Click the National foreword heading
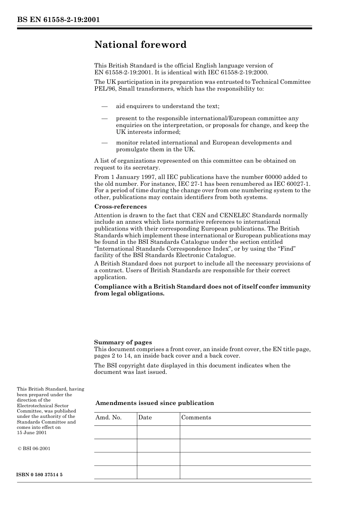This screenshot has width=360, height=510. tap(140, 45)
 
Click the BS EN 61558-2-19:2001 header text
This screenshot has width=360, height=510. tap(58, 20)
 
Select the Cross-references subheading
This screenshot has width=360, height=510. tap(120, 207)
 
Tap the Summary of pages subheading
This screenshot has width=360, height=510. tap(123, 342)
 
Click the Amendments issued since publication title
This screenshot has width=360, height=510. tap(155, 403)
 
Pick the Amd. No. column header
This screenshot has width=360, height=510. tap(108, 417)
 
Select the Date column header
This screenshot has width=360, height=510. tap(145, 417)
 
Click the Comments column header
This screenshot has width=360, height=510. tap(196, 417)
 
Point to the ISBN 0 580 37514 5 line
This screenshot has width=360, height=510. tap(40, 475)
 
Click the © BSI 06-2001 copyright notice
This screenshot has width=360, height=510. tap(34, 449)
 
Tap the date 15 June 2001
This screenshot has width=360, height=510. tap(32, 433)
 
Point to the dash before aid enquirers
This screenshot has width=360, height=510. tap(105, 106)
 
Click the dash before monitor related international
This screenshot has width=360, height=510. tap(105, 143)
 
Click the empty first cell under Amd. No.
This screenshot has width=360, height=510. tap(116, 432)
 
